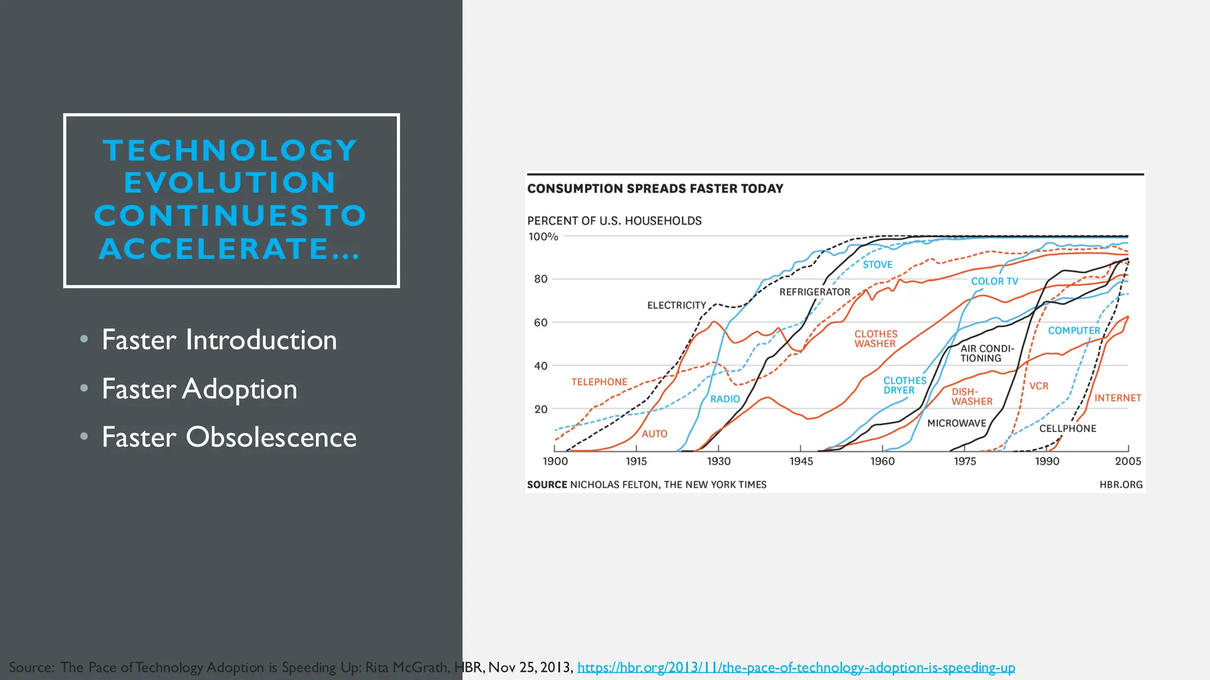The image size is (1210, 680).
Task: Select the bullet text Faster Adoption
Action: point(199,389)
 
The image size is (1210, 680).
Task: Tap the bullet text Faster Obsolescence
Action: point(229,437)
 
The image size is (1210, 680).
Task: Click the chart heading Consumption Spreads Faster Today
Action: point(655,189)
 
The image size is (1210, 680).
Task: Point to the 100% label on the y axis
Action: point(543,237)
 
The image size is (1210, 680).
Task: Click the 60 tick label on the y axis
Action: point(541,322)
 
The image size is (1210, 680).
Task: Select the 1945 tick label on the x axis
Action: point(801,462)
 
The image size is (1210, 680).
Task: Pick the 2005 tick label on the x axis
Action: point(1127,462)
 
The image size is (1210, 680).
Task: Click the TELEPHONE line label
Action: point(599,382)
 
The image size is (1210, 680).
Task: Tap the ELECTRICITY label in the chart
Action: point(676,305)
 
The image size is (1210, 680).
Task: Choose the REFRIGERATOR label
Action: point(814,292)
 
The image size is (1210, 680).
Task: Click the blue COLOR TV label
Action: point(994,282)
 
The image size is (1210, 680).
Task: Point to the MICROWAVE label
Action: point(957,423)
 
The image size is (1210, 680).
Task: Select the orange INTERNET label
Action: point(1117,398)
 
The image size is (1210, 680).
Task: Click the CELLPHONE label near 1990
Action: point(1067,429)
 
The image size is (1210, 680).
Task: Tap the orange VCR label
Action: point(1039,386)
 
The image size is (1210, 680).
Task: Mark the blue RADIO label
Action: point(725,399)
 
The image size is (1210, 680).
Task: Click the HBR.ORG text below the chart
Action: point(1121,485)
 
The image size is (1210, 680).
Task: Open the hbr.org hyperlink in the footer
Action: point(796,668)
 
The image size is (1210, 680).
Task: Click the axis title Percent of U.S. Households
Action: point(614,221)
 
